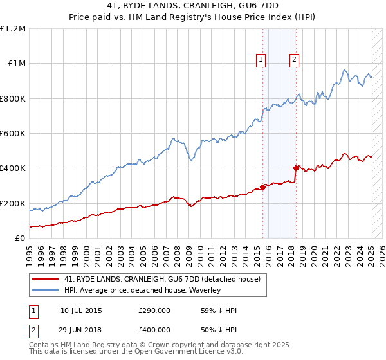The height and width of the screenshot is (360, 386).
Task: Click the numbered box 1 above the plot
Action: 261,60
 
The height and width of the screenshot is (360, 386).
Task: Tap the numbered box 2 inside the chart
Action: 294,60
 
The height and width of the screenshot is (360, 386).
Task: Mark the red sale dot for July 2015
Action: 263,188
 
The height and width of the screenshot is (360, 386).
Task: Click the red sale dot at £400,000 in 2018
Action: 297,168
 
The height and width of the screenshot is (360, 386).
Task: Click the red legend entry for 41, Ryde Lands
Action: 161,279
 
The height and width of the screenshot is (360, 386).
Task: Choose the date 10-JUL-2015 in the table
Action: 81,310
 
